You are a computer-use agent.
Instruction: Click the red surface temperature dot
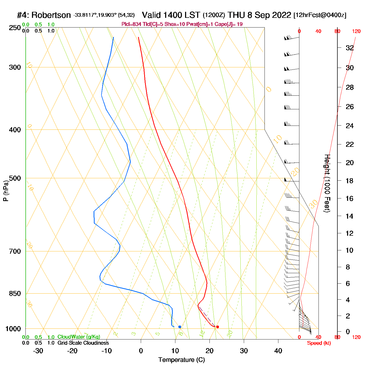tap(218, 327)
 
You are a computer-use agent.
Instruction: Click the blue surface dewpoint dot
tap(180, 327)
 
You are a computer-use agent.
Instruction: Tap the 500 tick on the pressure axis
tap(15, 178)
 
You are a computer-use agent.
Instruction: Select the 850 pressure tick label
tap(15, 294)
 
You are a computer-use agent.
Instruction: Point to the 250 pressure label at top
tap(15, 28)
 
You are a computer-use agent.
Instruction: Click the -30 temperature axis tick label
tap(38, 351)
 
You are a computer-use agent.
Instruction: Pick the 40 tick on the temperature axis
tap(278, 351)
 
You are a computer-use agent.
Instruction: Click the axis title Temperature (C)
tap(181, 360)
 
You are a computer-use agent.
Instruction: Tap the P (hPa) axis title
tap(6, 191)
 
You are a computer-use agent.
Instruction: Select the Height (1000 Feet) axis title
tap(327, 183)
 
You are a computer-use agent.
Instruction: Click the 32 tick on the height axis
tap(350, 48)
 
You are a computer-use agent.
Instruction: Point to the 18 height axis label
tap(350, 181)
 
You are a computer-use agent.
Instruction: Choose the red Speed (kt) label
tap(319, 343)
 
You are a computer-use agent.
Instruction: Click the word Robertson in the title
tap(51, 15)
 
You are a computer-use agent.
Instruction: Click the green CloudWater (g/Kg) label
tap(79, 337)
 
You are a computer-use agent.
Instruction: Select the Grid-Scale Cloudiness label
tap(83, 343)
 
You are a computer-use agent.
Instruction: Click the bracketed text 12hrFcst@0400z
tap(320, 15)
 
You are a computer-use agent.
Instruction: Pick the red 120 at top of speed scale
tap(356, 31)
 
